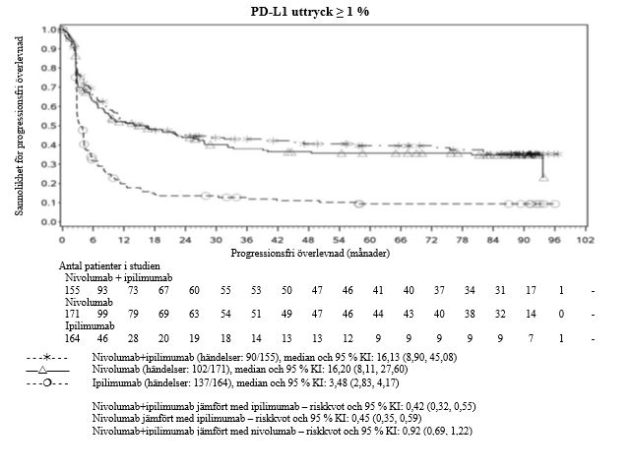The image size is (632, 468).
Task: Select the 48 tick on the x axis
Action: (x=308, y=239)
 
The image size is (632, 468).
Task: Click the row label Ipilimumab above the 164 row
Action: (x=76, y=324)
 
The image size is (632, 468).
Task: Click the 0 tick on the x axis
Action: (x=61, y=239)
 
